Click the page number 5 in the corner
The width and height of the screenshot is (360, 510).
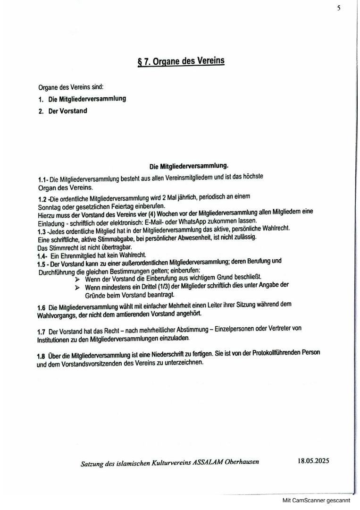coord(339,8)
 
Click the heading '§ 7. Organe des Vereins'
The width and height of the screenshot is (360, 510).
coord(181,61)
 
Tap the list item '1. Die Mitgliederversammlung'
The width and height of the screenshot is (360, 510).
coord(82,99)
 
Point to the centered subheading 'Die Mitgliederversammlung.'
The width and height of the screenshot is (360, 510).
coord(189,166)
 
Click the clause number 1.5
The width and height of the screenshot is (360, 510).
coord(42,263)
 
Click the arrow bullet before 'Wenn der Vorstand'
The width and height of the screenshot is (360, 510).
coord(77,279)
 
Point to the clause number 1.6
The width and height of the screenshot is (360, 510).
coord(42,308)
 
